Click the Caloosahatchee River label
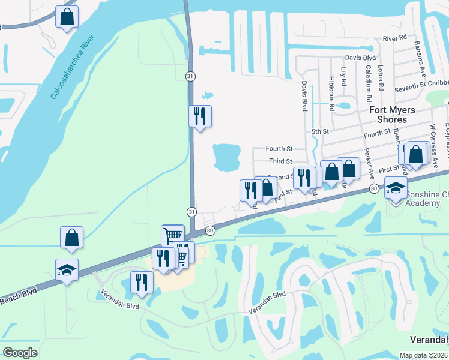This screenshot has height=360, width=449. coord(73,68)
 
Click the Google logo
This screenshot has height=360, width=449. coord(20,352)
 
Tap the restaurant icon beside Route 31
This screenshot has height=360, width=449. coord(200,115)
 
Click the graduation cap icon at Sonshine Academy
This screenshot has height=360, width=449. coord(396,189)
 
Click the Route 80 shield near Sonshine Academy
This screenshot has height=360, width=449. coord(374,189)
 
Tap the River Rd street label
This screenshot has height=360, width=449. coord(394,38)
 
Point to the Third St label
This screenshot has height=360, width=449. coord(280,161)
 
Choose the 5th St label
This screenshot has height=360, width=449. coord(320,131)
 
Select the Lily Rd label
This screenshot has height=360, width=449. coord(344,77)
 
